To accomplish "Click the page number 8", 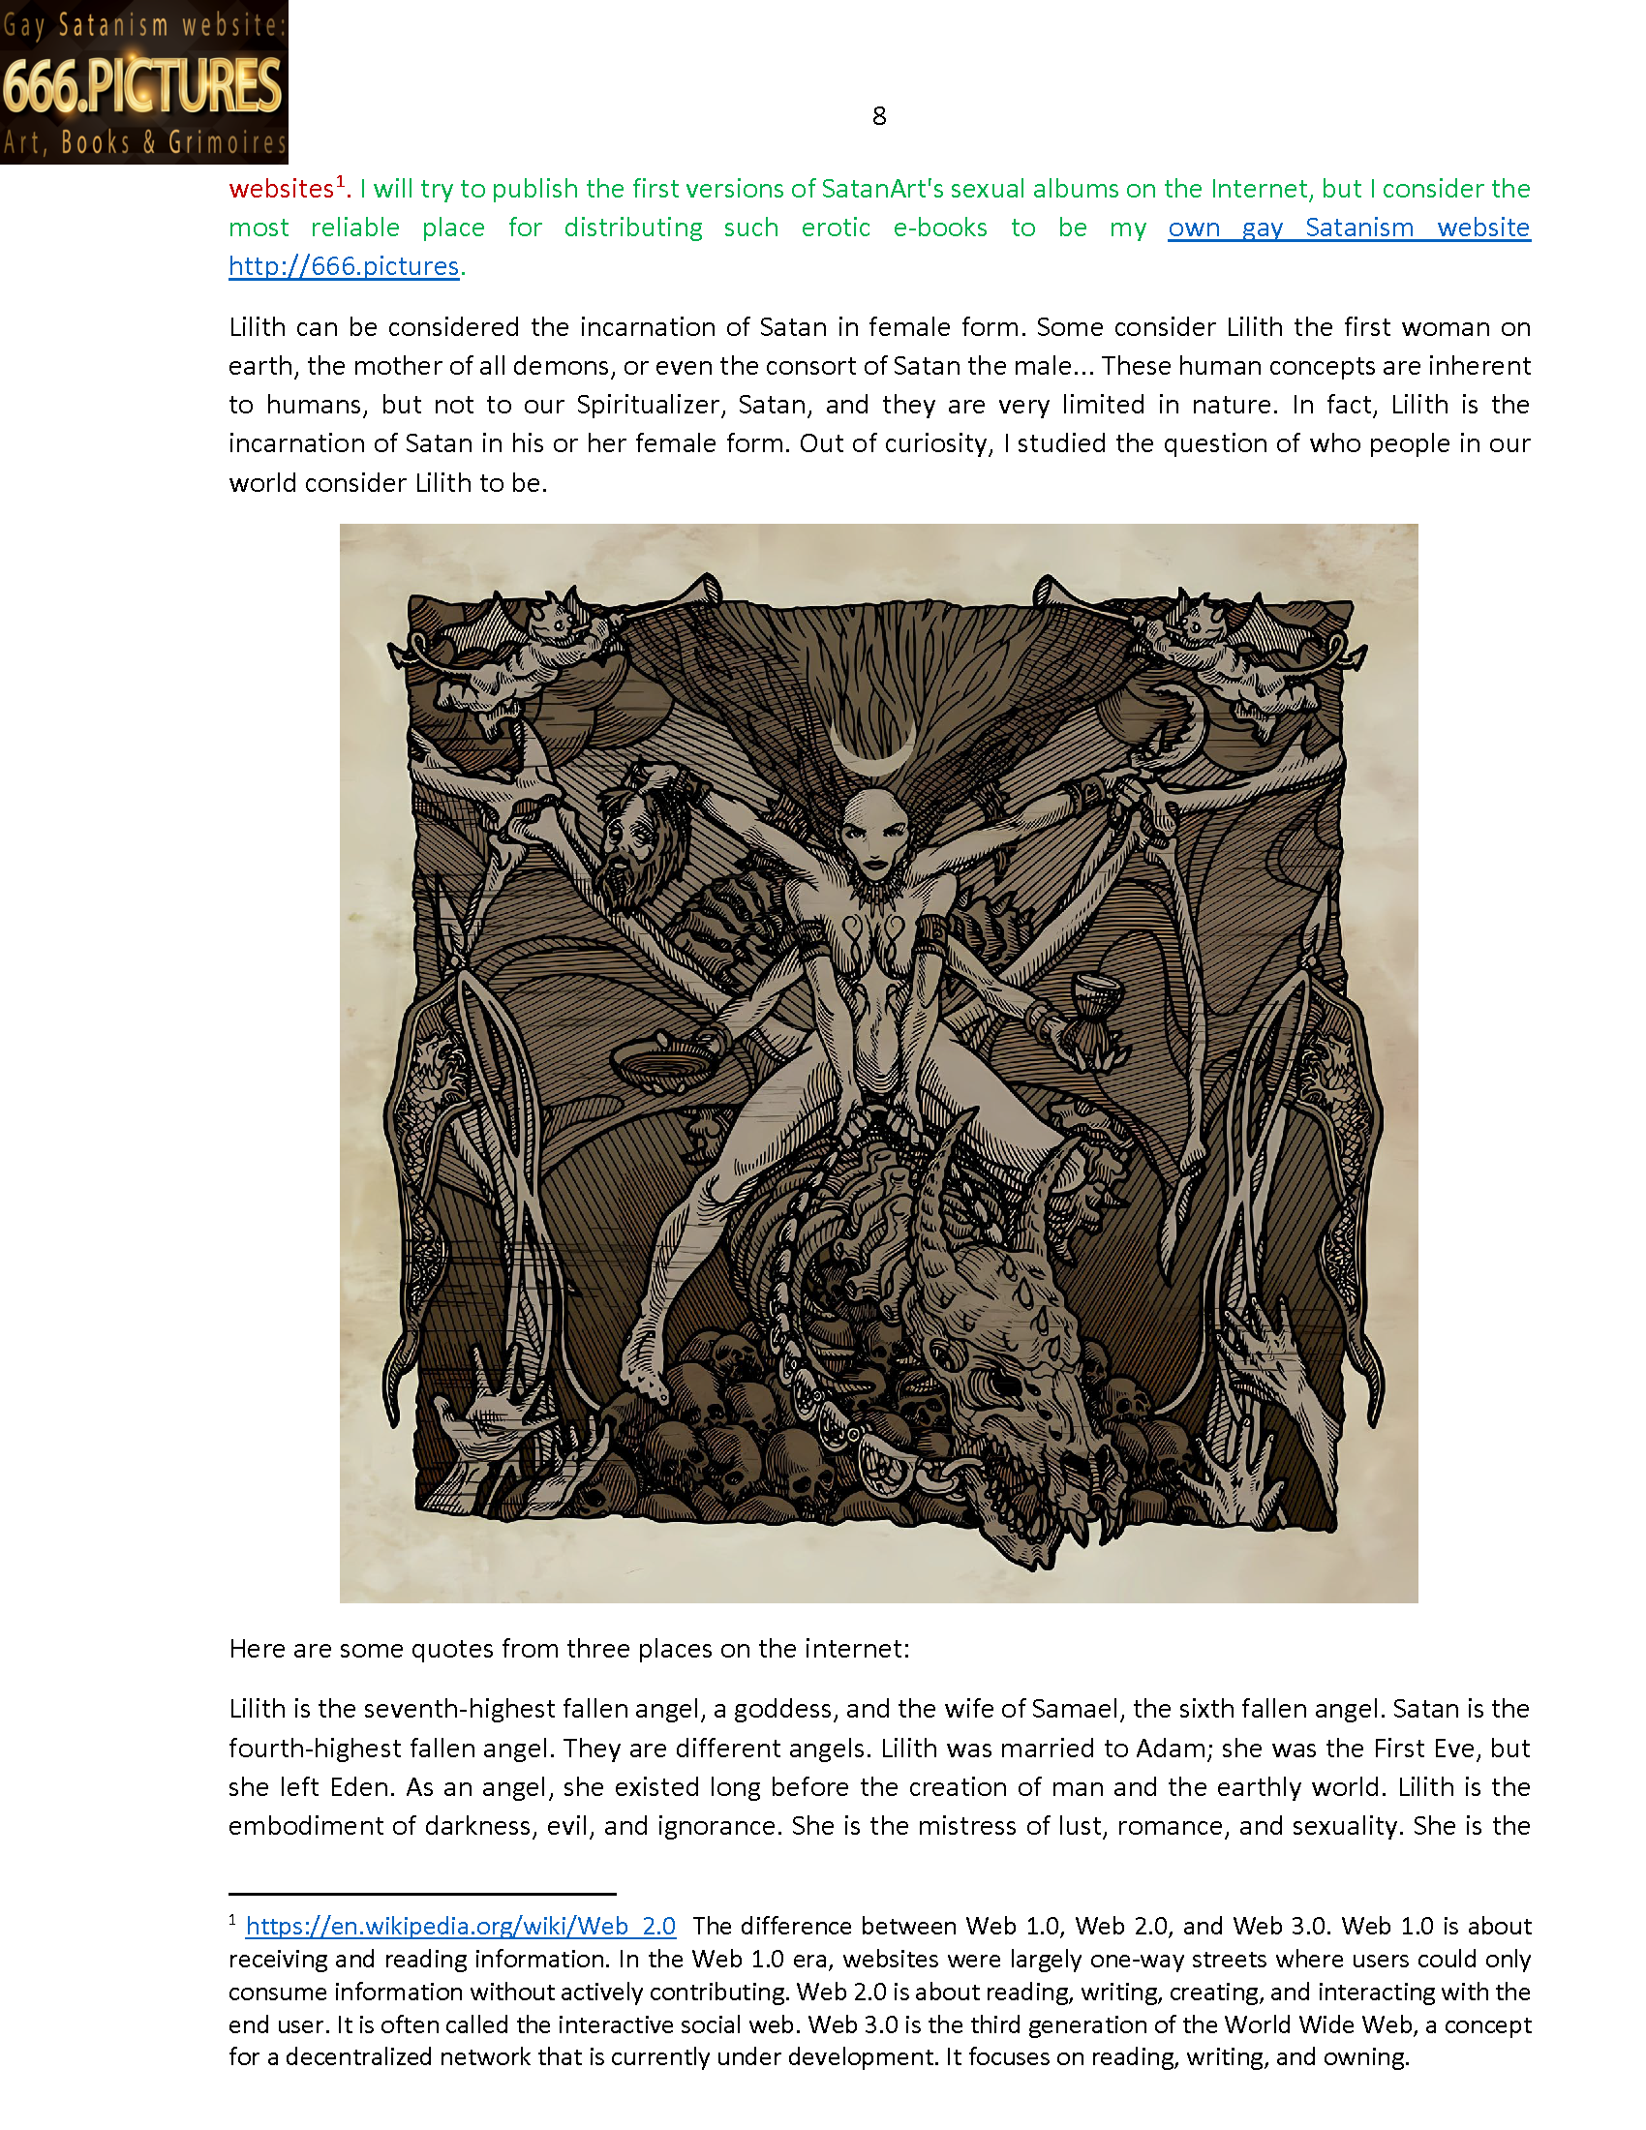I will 878,116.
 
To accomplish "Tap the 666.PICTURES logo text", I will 142,86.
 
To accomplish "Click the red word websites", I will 281,188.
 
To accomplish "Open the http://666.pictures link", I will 344,266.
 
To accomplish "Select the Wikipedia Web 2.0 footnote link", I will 460,1926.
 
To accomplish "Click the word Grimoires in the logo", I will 228,143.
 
